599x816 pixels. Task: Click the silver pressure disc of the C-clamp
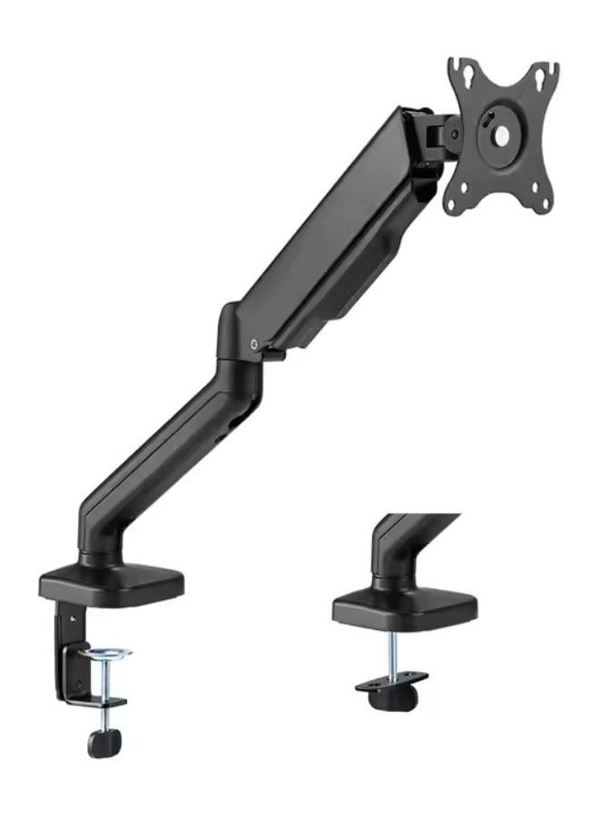(x=107, y=653)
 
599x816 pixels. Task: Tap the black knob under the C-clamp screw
(x=101, y=742)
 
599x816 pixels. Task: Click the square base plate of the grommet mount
(x=405, y=607)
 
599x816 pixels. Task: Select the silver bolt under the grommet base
(x=393, y=653)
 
